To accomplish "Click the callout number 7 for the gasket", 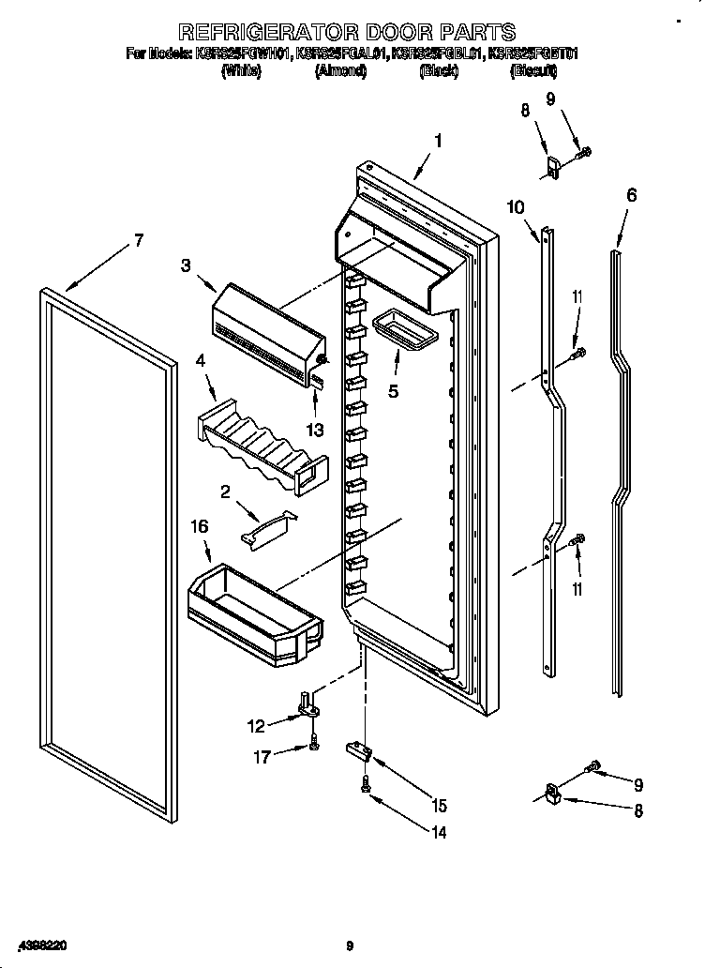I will point(139,240).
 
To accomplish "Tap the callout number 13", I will point(315,430).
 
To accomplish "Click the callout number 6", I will point(632,195).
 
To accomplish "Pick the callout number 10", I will point(517,207).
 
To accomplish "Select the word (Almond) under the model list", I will point(341,70).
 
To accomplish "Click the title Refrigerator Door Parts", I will point(346,34).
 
